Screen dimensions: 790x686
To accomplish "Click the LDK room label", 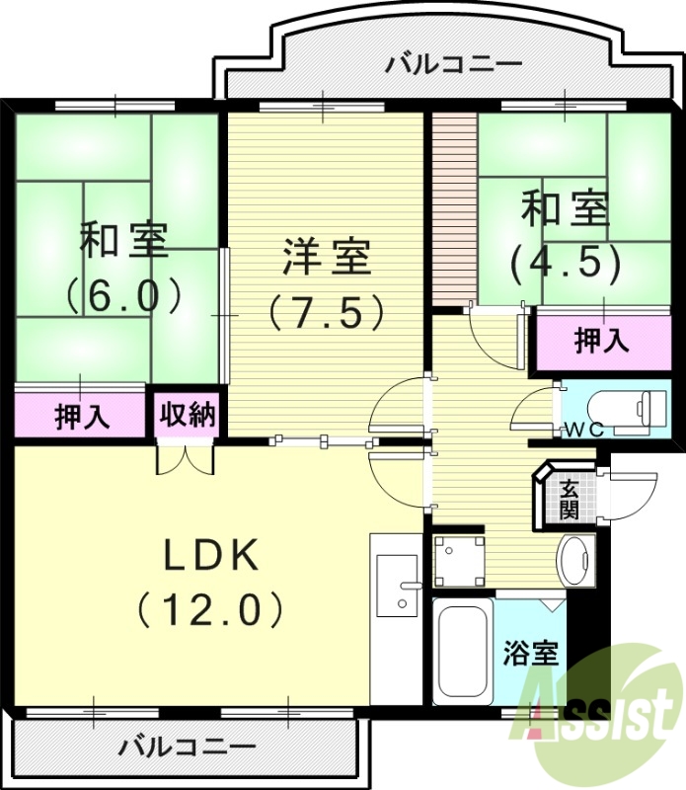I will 210,557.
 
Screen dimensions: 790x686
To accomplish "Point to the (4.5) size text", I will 565,263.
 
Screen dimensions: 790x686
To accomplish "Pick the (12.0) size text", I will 210,608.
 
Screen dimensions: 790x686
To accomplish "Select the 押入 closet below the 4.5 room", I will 601,341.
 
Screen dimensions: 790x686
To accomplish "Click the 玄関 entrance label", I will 570,499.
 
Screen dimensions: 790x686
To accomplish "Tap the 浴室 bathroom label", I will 531,653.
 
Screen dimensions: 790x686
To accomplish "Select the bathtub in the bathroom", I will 462,652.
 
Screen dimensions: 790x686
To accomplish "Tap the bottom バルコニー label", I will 187,746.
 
